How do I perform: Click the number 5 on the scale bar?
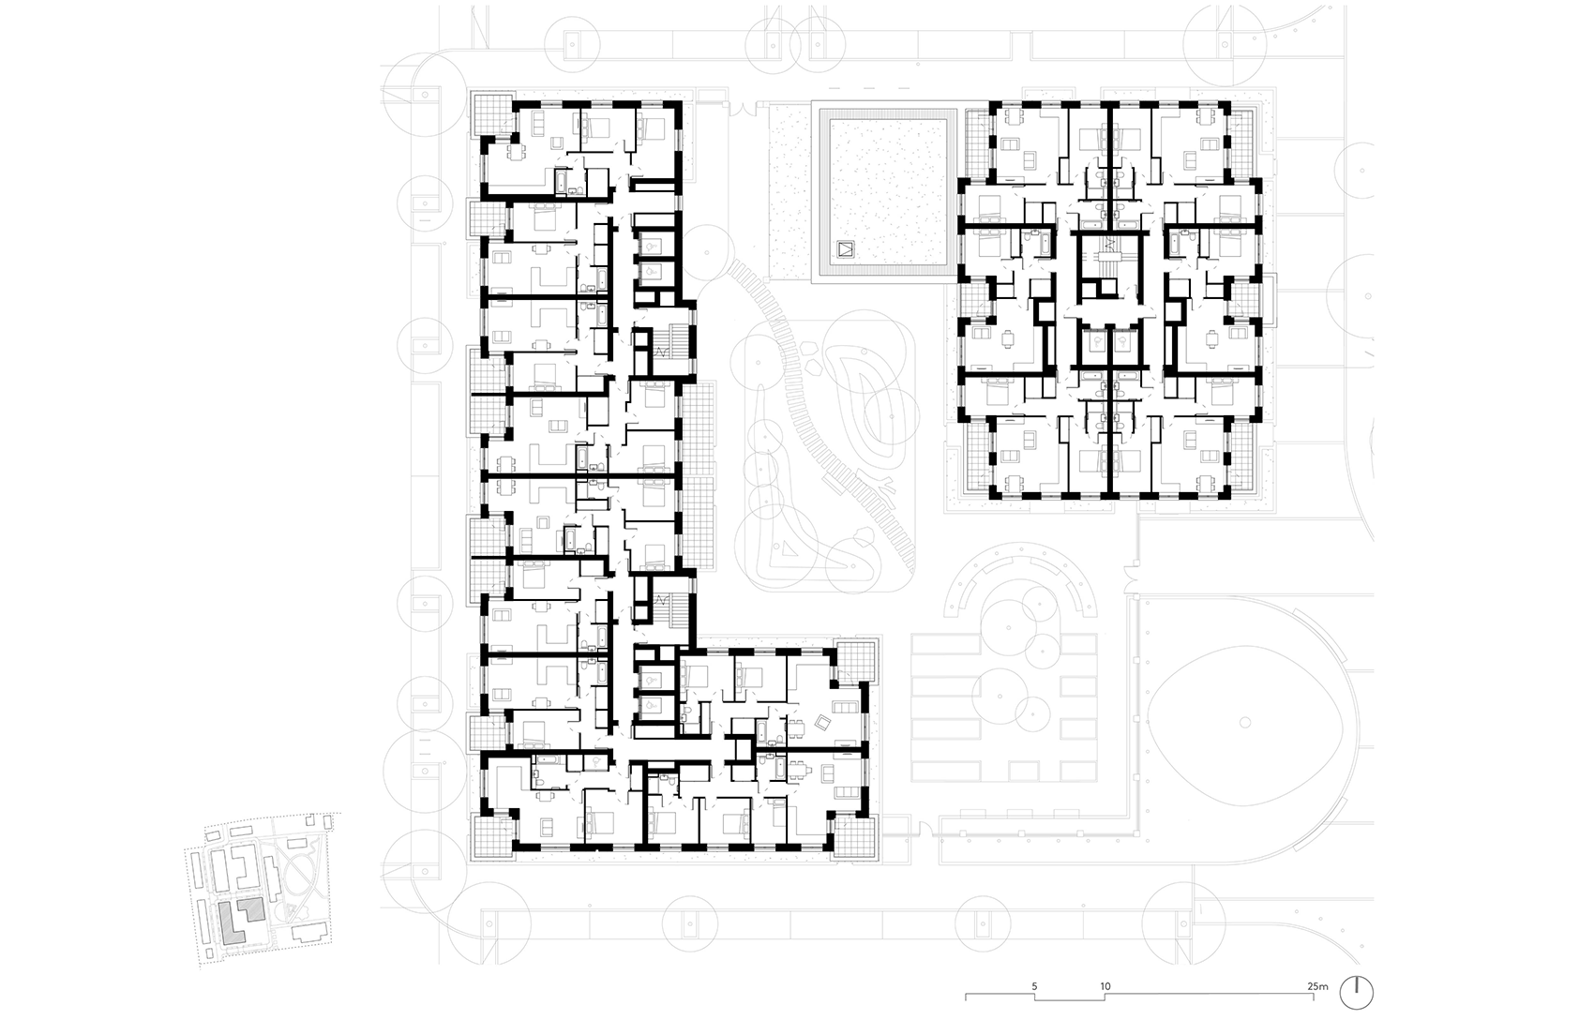coord(1034,986)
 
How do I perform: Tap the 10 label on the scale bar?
coord(1105,986)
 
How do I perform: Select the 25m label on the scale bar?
coord(1318,986)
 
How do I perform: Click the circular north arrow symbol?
coord(1357,992)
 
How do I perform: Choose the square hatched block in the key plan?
coord(249,909)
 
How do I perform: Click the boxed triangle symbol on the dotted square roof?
coord(846,249)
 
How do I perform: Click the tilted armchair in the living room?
coord(822,723)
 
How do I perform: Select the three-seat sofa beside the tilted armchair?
coord(846,707)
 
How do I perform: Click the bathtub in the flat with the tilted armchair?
coord(760,729)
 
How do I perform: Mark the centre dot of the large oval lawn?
coord(1244,723)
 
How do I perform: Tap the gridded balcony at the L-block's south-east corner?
coord(854,838)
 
